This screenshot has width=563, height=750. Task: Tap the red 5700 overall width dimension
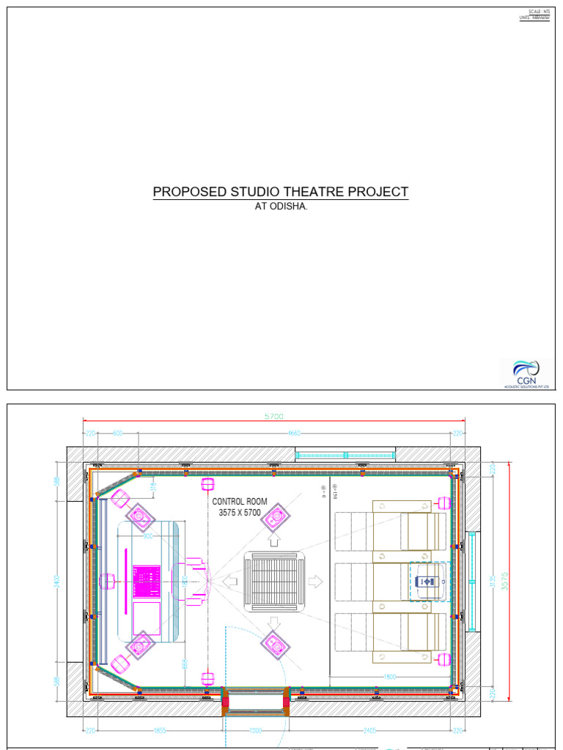pos(273,417)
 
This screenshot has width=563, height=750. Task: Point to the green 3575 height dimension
pos(504,581)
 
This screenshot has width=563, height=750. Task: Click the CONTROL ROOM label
pos(240,502)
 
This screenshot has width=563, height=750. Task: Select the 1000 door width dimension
pos(254,730)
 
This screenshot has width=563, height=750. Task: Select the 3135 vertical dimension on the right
pos(493,581)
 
